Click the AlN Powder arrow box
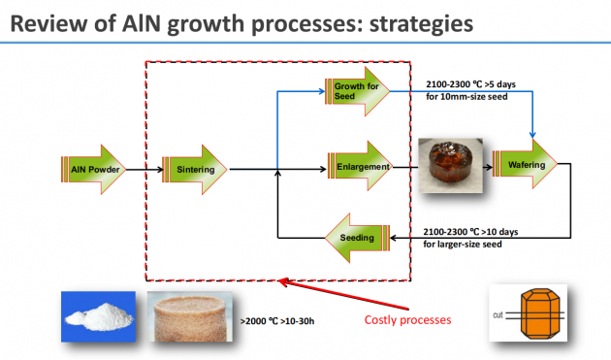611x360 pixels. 93,169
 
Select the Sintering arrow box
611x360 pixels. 194,169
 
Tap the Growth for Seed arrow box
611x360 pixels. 357,91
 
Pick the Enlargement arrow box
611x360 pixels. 361,166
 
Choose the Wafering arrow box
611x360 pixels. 526,164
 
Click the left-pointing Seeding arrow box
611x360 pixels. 357,238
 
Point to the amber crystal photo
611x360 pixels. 450,165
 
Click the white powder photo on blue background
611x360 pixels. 98,316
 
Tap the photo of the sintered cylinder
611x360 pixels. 190,316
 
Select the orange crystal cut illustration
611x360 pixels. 529,312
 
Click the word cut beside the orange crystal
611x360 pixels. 498,314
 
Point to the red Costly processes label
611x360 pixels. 407,320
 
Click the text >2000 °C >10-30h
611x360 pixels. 277,321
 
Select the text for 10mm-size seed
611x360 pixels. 466,96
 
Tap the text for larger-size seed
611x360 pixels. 463,245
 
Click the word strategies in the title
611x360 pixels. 421,23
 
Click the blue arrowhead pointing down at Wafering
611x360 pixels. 532,135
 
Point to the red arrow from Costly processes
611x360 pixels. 343,294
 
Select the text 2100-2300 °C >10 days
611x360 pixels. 470,232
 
